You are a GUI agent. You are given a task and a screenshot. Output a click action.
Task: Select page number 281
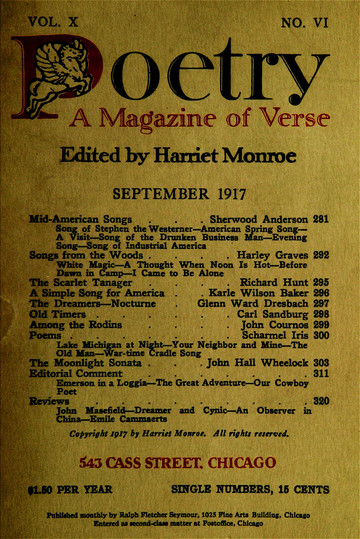321,219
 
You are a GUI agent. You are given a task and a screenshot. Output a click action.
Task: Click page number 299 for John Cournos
321,326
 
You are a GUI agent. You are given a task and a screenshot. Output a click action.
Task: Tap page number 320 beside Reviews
321,401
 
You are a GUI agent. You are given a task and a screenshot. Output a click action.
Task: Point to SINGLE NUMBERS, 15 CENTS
251,490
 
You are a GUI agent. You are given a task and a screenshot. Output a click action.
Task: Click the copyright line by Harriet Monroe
179,435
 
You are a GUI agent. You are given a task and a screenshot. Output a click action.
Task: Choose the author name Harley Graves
263,255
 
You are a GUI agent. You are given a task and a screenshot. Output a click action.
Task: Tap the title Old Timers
63,312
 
